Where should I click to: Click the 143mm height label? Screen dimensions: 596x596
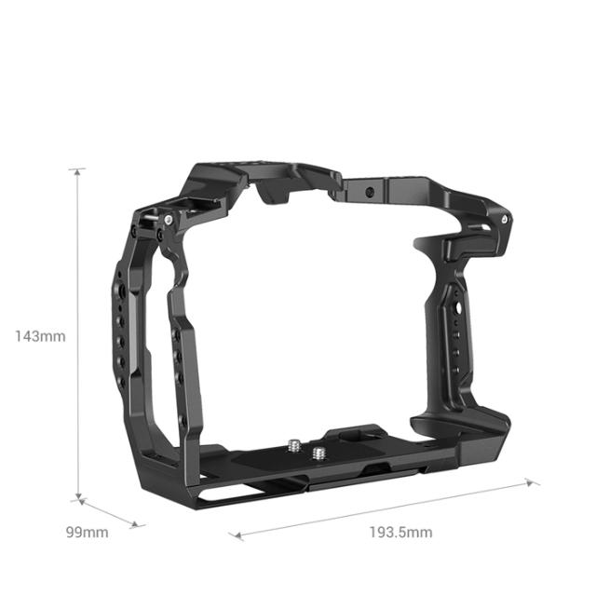pyautogui.click(x=39, y=336)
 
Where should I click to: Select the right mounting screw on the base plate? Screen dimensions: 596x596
pyautogui.click(x=321, y=454)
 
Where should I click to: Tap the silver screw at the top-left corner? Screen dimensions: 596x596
pyautogui.click(x=169, y=220)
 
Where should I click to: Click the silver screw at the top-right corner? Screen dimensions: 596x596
pyautogui.click(x=505, y=219)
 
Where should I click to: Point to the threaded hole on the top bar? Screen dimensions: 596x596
pyautogui.click(x=372, y=192)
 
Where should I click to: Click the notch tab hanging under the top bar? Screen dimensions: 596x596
pyautogui.click(x=271, y=196)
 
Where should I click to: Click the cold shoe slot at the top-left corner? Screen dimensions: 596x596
pyautogui.click(x=221, y=178)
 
